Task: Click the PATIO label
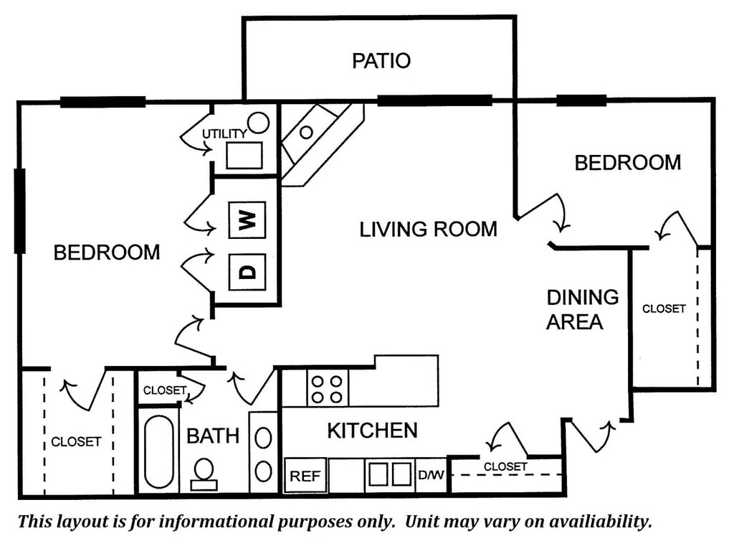[x=381, y=61]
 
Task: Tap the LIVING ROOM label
[x=428, y=230]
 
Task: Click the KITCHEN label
[x=372, y=430]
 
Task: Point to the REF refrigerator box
[x=305, y=476]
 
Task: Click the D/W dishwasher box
[x=431, y=475]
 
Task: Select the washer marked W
[x=247, y=220]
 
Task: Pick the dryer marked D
[x=247, y=272]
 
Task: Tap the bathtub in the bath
[x=158, y=451]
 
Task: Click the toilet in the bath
[x=204, y=473]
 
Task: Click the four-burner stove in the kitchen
[x=327, y=387]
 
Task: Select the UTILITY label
[x=224, y=133]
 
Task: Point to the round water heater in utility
[x=259, y=123]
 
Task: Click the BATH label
[x=213, y=435]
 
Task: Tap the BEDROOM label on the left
[x=107, y=253]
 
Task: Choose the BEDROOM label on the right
[x=627, y=162]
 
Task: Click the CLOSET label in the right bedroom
[x=664, y=309]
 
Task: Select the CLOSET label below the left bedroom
[x=76, y=442]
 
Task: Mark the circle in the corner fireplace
[x=306, y=132]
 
